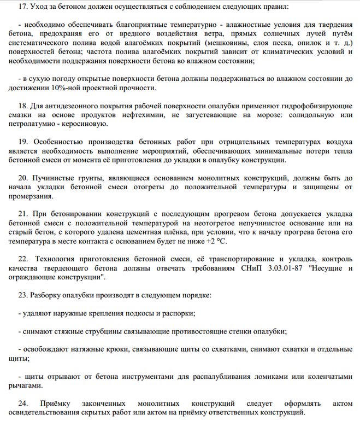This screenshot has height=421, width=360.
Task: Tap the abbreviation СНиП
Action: click(252, 268)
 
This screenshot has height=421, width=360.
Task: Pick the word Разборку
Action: click(49, 295)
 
